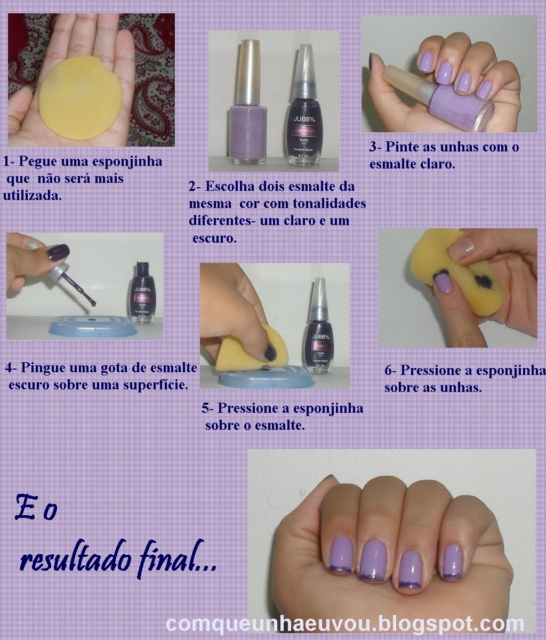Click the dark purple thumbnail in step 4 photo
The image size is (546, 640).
pyautogui.click(x=58, y=250)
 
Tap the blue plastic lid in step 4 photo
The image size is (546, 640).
pyautogui.click(x=93, y=326)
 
